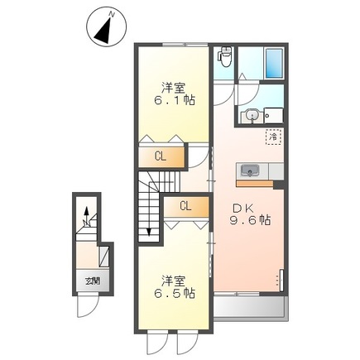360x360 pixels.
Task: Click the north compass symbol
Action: (105, 29)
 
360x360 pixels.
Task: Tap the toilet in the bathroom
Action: (223, 55)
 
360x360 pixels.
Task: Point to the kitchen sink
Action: (249, 171)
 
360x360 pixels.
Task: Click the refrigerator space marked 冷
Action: (271, 134)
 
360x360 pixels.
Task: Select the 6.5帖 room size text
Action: (175, 292)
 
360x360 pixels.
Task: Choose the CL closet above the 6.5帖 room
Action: (185, 206)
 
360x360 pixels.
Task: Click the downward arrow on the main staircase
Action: (149, 227)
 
